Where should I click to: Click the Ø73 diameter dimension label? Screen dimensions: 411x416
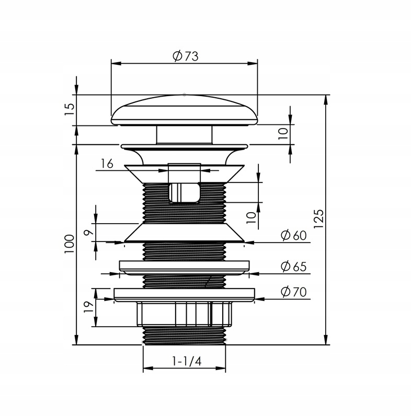point(185,56)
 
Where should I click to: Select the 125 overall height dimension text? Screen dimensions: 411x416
point(318,218)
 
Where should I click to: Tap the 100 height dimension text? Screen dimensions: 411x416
point(69,244)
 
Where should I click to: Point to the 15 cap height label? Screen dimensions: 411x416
point(70,109)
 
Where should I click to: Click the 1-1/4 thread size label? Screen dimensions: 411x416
point(187,361)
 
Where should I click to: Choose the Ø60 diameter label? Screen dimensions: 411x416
point(294,235)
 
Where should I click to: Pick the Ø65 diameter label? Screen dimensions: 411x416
point(294,267)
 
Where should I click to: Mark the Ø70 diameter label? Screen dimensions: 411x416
point(294,292)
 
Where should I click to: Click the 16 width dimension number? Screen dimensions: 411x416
point(107,164)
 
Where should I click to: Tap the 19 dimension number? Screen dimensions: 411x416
point(89,307)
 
